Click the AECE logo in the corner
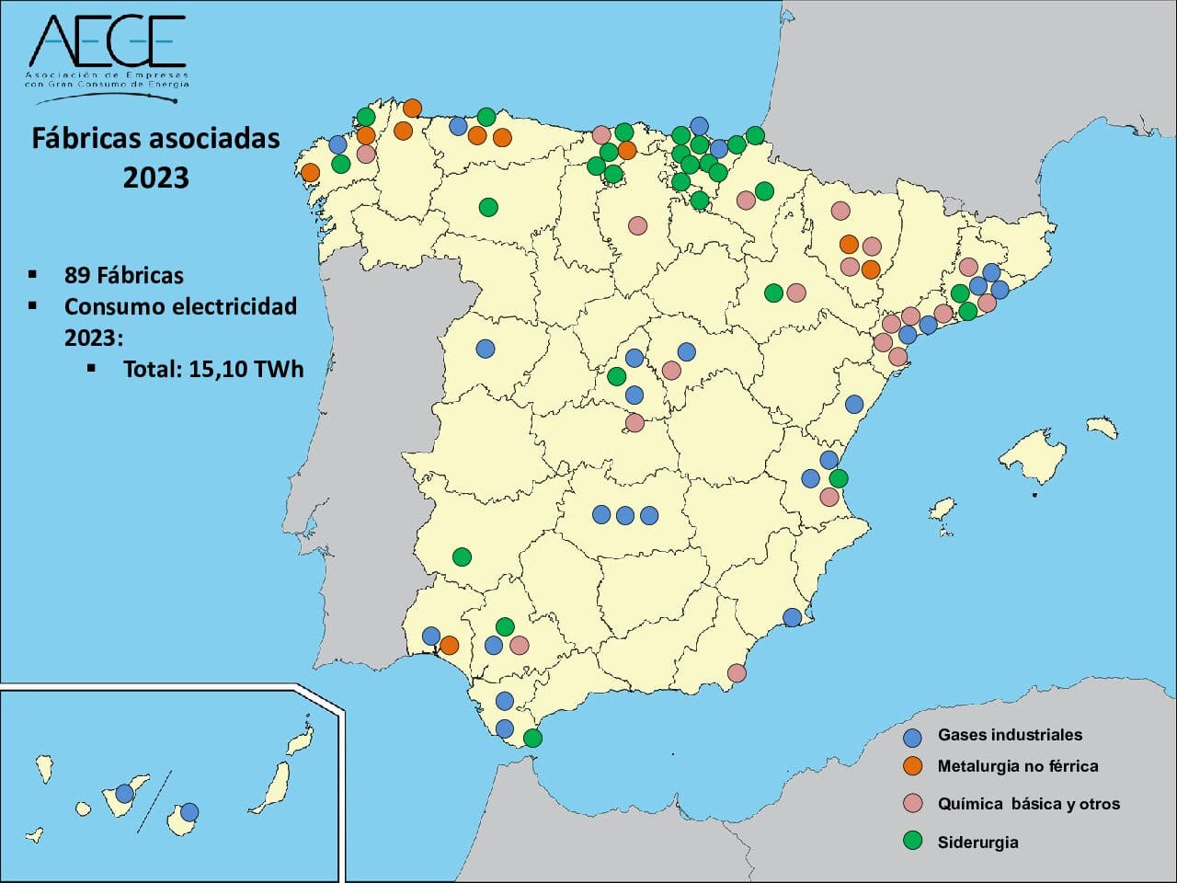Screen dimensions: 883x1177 click(106, 51)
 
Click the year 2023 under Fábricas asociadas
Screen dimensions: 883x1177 click(155, 177)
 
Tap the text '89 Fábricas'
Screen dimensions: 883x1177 click(123, 275)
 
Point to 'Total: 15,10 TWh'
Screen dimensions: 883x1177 click(212, 369)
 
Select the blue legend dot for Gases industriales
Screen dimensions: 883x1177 click(912, 737)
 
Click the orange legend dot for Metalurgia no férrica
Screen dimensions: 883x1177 click(912, 766)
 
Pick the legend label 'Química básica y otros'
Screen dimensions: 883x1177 click(1028, 804)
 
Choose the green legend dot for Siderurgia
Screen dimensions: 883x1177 click(912, 841)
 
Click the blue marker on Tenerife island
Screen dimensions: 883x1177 click(125, 794)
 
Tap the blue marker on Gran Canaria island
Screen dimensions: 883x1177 click(189, 811)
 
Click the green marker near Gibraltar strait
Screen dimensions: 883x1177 click(532, 738)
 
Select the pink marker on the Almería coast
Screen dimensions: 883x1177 click(737, 673)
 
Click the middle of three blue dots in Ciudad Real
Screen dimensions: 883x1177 click(624, 515)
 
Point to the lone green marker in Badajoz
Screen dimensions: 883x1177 click(463, 557)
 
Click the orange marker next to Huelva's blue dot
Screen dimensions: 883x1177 click(449, 645)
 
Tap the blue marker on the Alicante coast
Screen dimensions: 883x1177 click(792, 617)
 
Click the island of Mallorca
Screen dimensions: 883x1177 click(1034, 455)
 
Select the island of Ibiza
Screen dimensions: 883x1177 click(941, 509)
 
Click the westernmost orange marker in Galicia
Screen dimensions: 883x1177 click(310, 172)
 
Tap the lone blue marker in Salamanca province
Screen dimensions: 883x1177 click(485, 349)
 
